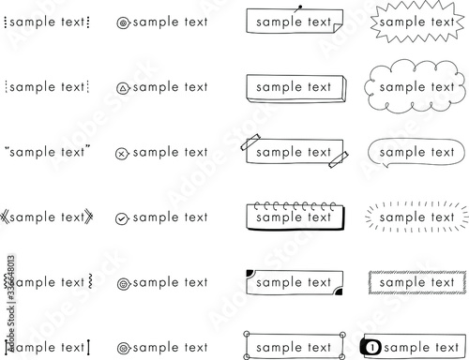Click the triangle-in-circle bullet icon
123,87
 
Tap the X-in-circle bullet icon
122,153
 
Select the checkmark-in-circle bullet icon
122,218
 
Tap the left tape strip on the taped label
250,144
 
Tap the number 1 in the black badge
373,347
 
